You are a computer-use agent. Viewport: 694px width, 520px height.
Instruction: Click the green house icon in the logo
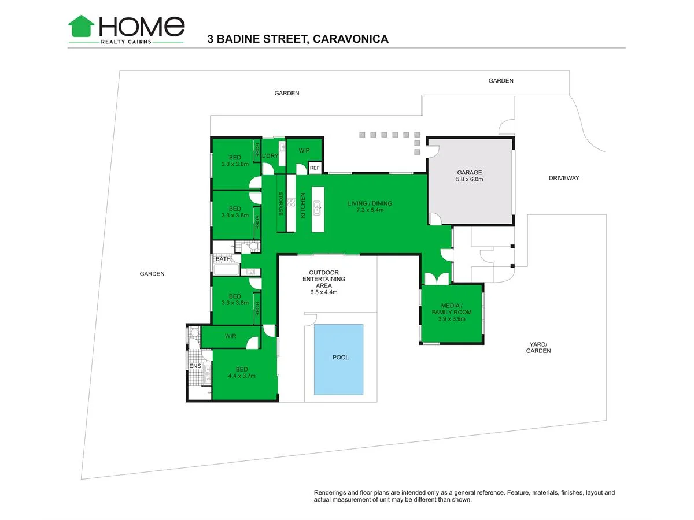point(82,26)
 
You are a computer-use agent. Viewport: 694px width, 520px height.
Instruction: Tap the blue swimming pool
point(338,359)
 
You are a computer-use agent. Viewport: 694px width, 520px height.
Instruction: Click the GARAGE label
point(469,172)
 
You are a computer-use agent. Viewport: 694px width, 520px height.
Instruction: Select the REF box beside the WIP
point(315,168)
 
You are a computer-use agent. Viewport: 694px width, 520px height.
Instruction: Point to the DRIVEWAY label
point(564,178)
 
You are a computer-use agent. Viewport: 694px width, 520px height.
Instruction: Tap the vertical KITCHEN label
point(302,205)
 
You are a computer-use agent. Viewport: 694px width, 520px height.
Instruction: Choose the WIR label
point(231,336)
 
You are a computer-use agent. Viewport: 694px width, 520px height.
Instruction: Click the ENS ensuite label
point(195,366)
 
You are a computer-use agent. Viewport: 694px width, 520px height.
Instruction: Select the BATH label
point(223,259)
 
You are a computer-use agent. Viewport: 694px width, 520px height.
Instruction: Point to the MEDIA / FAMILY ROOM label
point(452,312)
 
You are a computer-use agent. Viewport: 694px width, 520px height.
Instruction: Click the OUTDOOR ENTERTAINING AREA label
point(324,283)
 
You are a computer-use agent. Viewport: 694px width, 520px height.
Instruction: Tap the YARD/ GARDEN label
point(538,347)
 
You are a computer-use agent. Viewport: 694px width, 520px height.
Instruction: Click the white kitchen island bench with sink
point(318,209)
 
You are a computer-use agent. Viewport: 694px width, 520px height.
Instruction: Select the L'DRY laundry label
point(270,155)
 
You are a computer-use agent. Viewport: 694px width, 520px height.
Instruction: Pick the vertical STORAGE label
point(280,203)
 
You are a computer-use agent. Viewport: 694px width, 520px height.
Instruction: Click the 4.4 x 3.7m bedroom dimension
point(242,376)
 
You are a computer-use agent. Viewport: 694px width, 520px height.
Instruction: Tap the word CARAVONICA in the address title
point(350,39)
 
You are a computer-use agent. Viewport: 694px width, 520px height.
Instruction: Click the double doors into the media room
point(437,279)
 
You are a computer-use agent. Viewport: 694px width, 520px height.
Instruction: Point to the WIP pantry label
point(304,151)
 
